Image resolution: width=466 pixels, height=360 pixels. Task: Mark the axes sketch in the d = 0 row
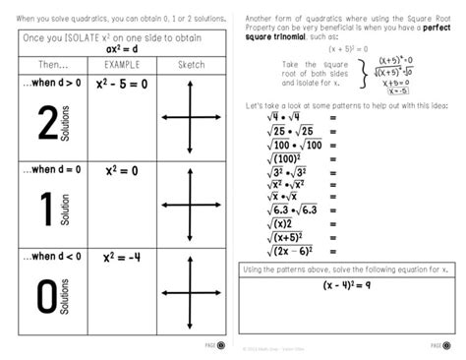click(188, 205)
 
